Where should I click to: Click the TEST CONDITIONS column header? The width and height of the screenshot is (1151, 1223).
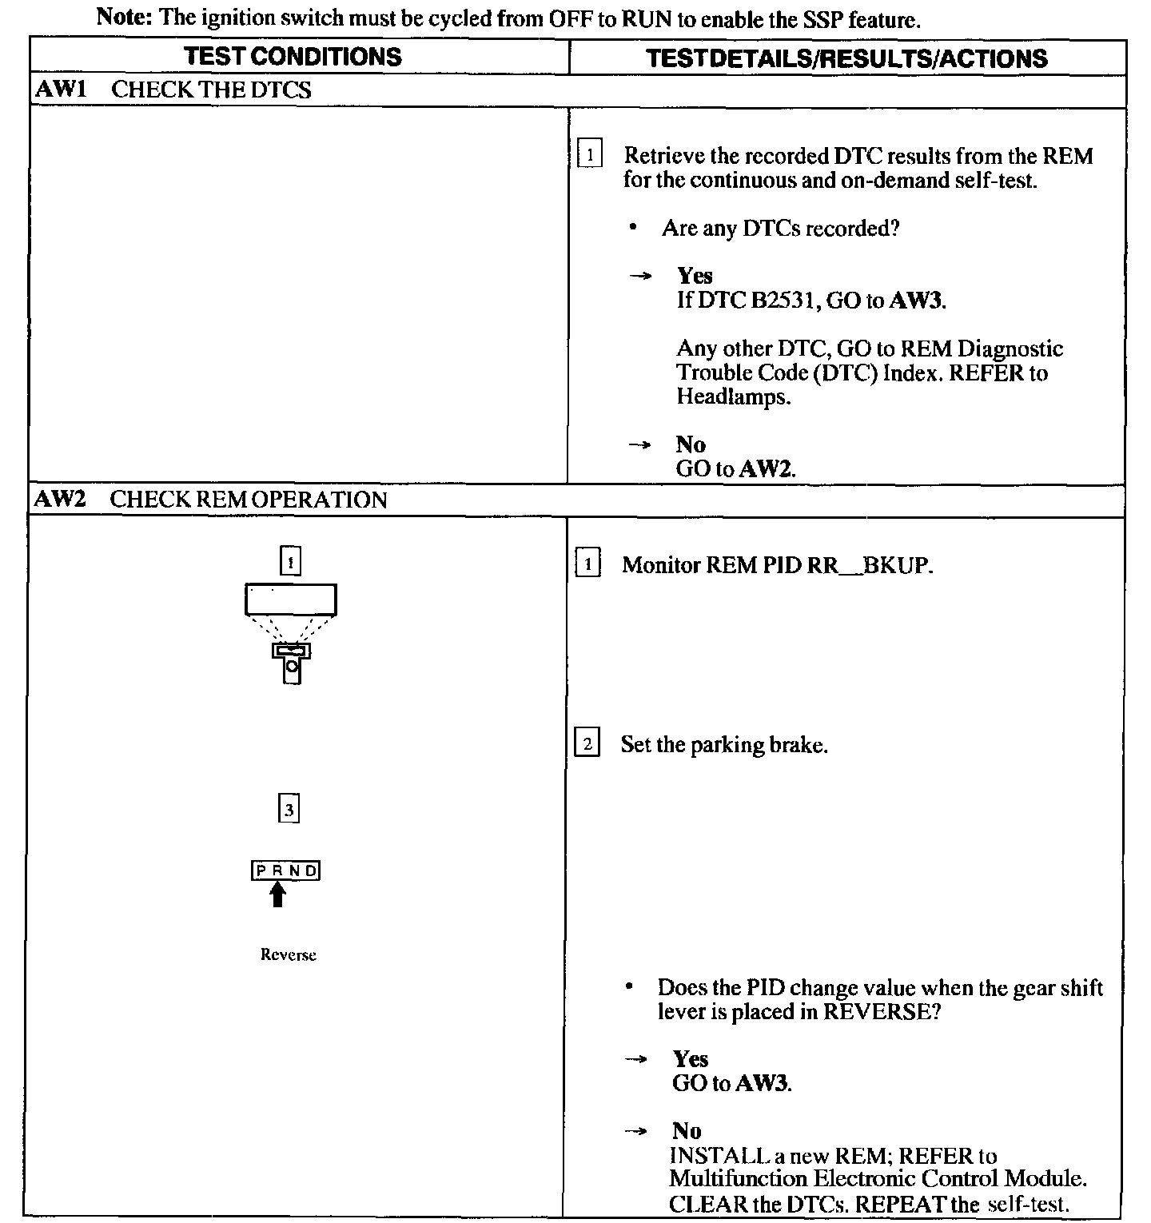pos(293,57)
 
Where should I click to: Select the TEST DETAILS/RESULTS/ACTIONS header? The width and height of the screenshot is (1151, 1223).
pos(846,58)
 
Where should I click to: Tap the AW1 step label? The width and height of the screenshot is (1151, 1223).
pos(60,90)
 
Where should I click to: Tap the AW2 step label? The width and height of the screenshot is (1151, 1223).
pos(60,500)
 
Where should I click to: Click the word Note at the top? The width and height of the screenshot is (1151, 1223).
pos(125,18)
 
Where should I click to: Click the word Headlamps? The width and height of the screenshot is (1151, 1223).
pos(732,396)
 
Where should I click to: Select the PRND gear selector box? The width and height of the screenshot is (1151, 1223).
pos(286,870)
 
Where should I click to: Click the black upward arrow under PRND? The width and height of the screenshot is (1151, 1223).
pos(277,894)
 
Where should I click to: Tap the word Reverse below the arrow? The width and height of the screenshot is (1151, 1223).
pos(288,954)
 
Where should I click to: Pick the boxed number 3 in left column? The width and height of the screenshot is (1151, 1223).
pos(289,810)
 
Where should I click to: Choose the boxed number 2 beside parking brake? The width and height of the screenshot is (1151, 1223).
pos(587,744)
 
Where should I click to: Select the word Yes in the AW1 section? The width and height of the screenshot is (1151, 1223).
pos(694,276)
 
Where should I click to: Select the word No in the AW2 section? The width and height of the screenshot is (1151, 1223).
pos(687,1130)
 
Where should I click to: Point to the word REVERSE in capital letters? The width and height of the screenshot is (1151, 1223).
pos(876,1011)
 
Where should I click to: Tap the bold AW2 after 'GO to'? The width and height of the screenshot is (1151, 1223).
pos(765,468)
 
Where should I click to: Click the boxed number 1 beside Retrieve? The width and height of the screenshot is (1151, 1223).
pos(590,154)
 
